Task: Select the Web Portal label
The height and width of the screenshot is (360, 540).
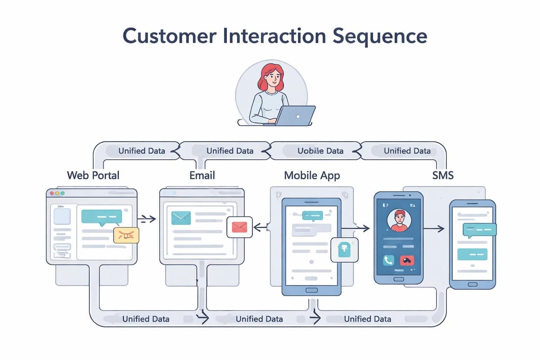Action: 93,175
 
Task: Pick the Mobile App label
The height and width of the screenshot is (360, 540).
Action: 312,175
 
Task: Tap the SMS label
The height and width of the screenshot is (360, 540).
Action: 443,175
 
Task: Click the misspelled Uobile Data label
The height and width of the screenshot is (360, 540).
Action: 320,151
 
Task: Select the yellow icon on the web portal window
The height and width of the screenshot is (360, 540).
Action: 126,234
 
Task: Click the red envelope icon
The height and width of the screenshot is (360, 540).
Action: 240,227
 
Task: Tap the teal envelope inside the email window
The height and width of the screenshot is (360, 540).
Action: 181,218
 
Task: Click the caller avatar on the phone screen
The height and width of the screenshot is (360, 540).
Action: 399,220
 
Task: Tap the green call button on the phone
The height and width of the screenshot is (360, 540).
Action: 388,260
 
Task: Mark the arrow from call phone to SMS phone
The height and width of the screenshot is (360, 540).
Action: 434,229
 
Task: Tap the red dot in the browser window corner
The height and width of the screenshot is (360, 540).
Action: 52,193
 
